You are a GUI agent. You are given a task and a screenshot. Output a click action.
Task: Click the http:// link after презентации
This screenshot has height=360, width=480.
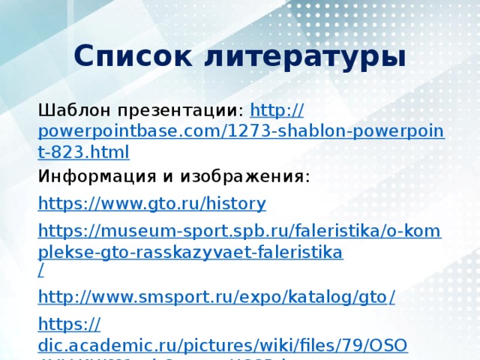point(276,110)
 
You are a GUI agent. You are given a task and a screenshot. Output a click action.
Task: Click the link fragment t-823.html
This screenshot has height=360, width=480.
point(83,154)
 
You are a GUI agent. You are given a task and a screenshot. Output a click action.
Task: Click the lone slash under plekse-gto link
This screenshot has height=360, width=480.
point(40,268)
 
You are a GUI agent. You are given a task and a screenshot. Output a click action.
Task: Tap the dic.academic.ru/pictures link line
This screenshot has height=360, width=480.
point(222,346)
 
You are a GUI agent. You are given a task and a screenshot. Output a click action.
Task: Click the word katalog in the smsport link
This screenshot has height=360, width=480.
point(308,298)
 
